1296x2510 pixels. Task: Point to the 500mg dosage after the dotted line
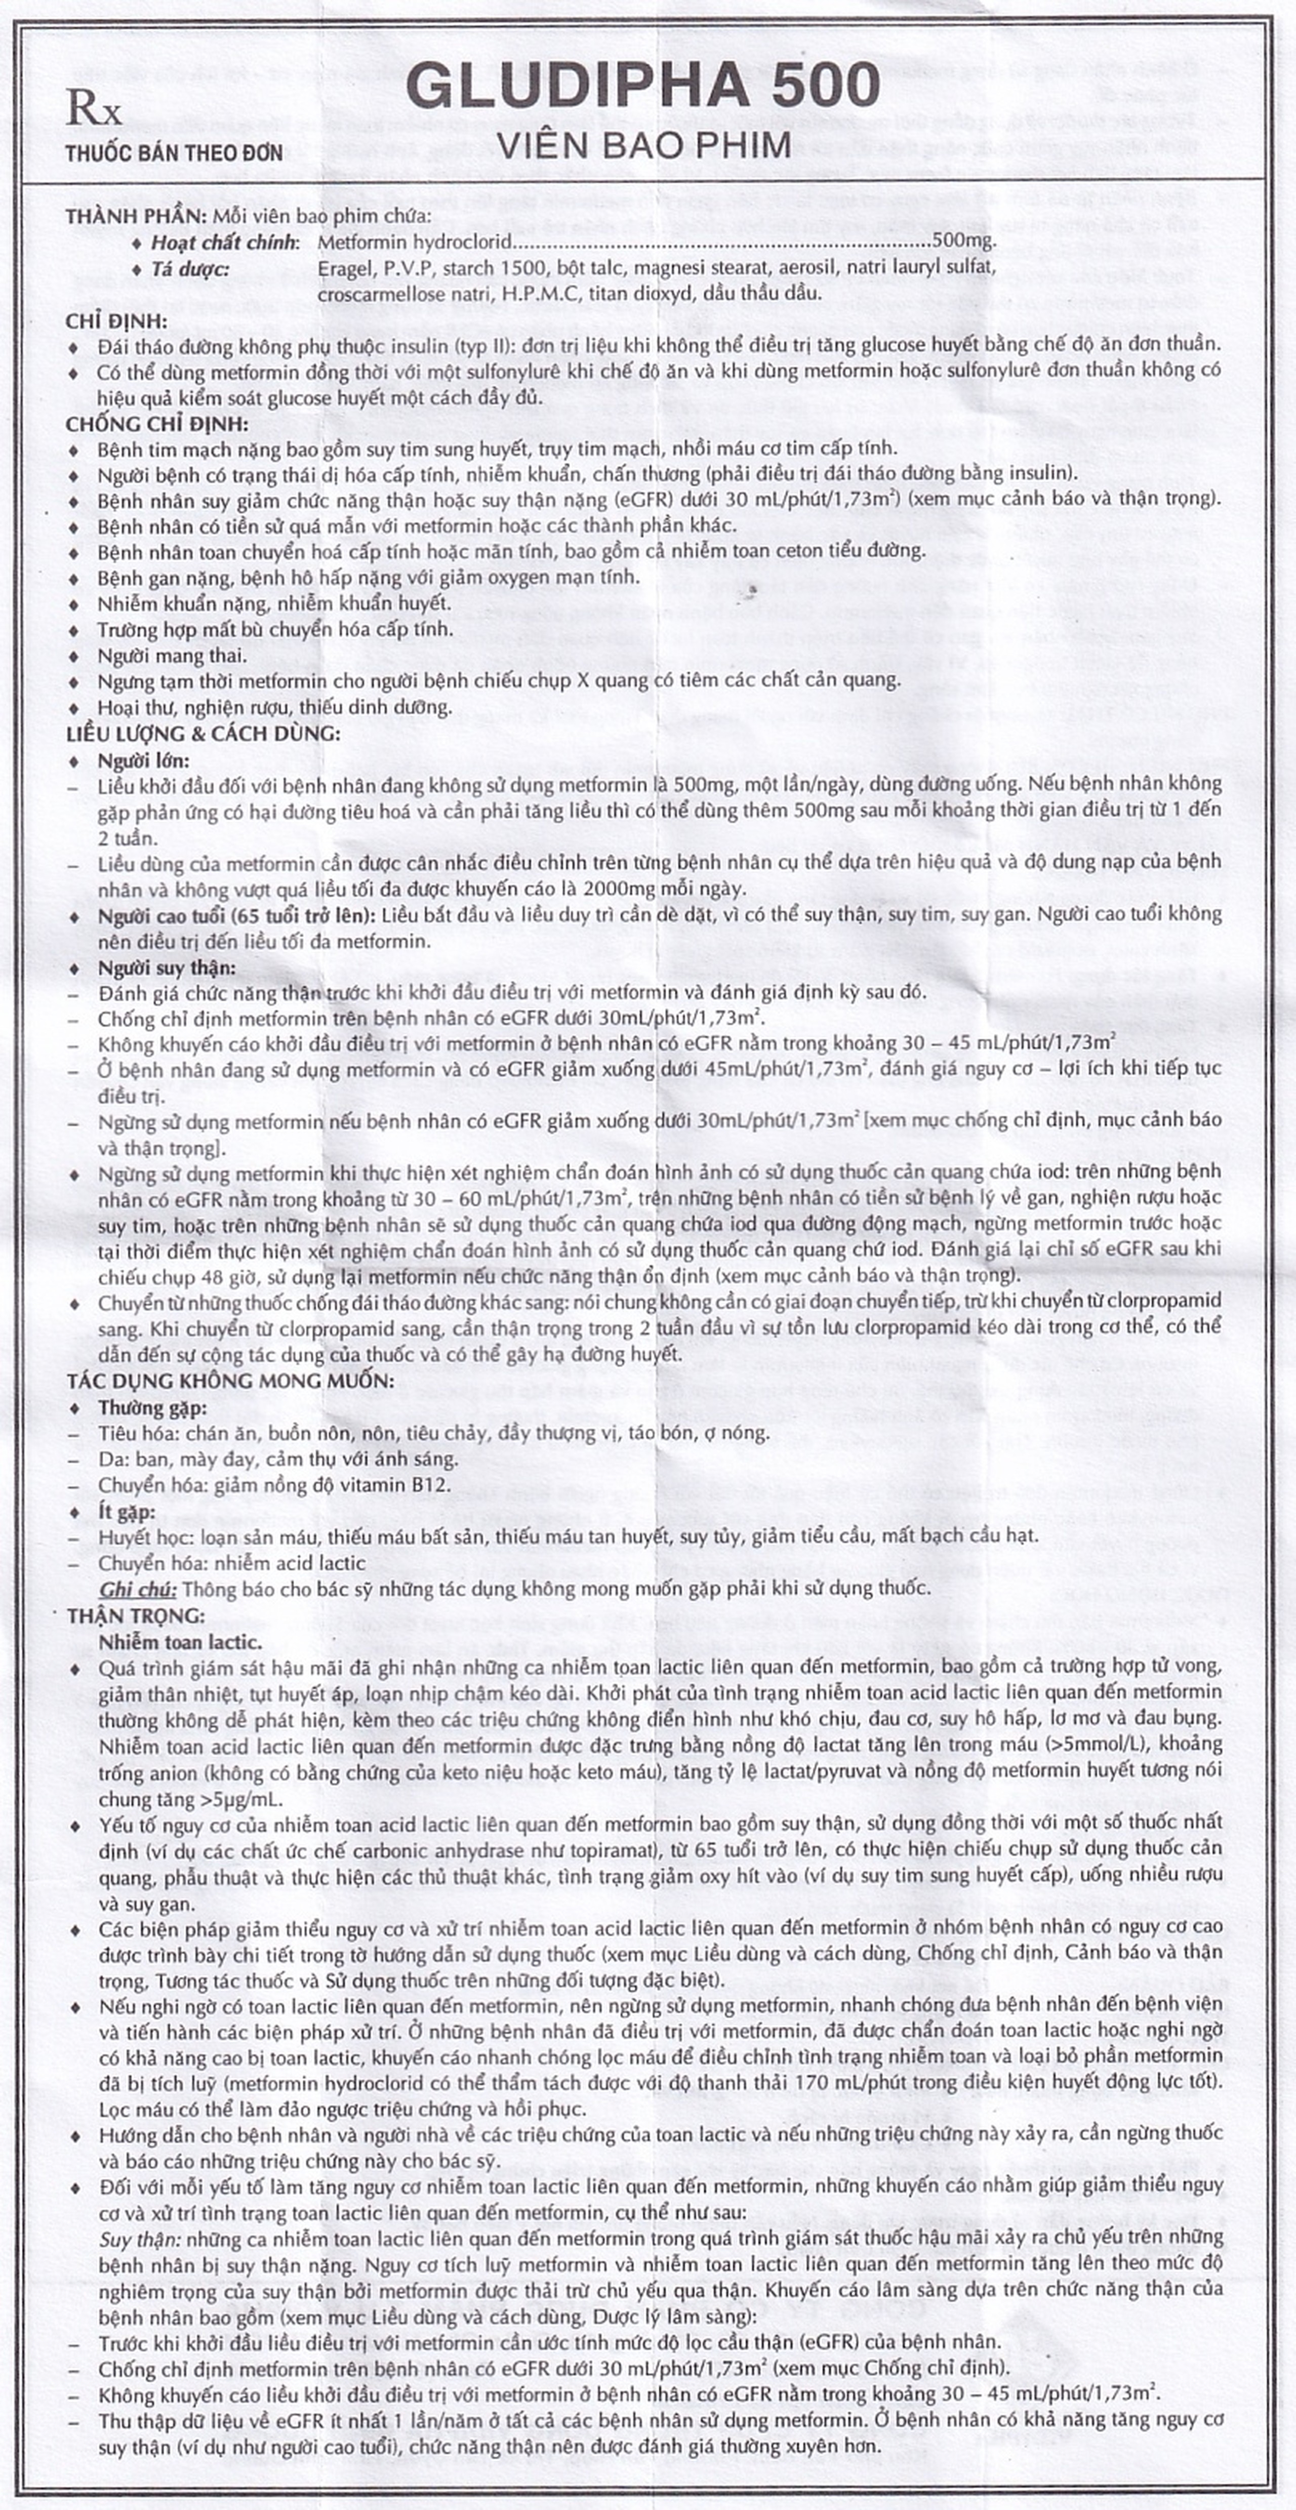(964, 240)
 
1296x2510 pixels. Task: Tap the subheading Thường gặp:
(152, 1407)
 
